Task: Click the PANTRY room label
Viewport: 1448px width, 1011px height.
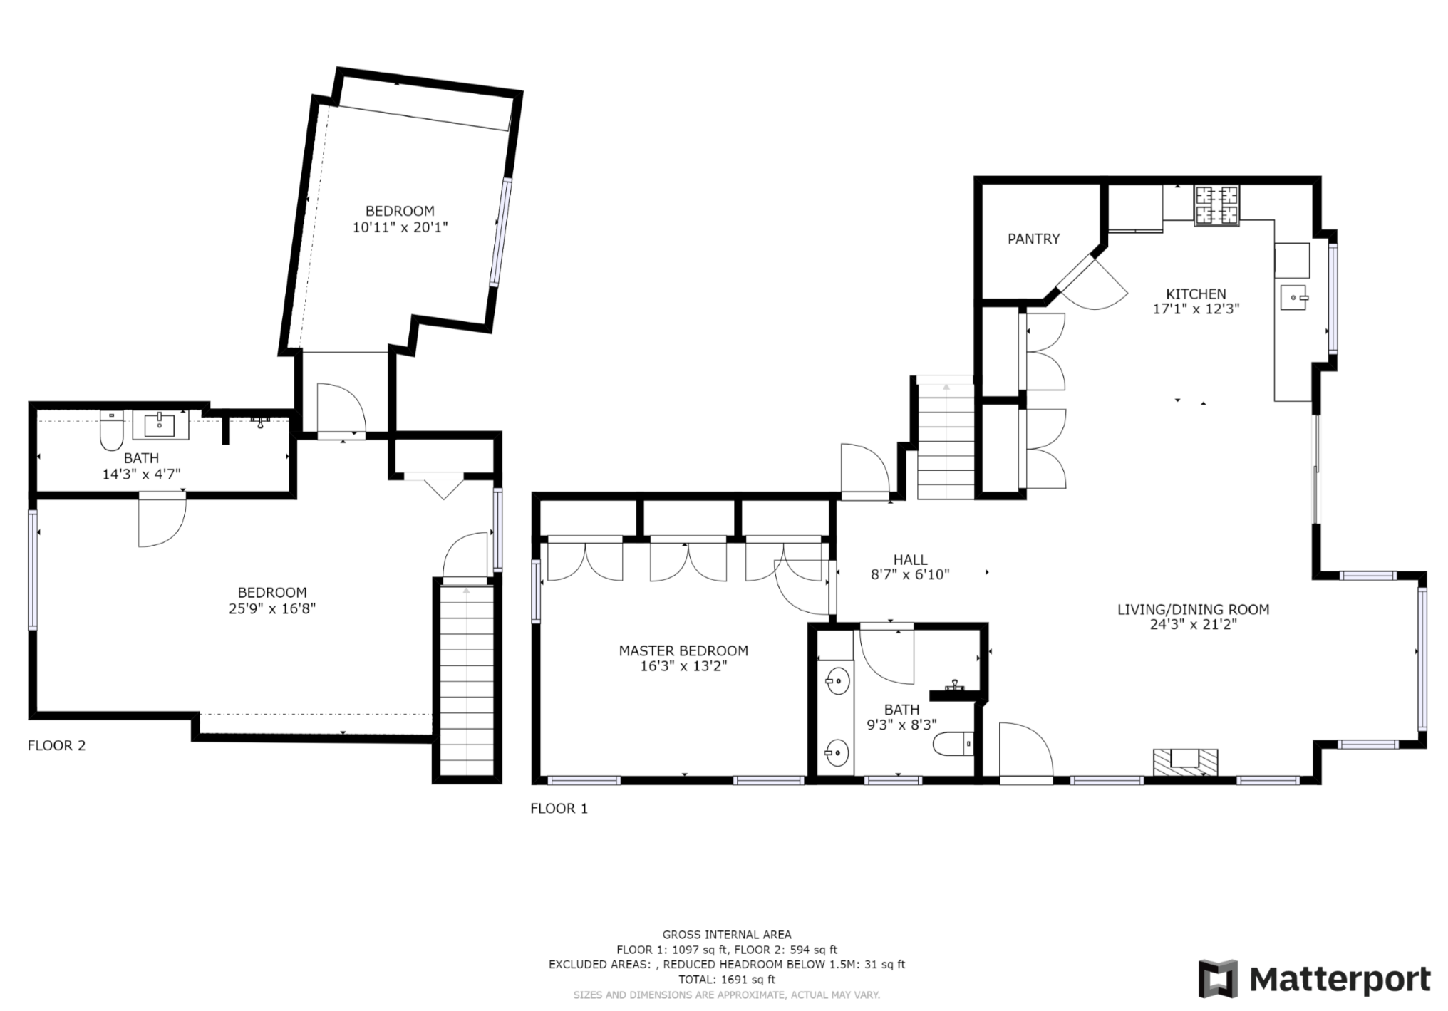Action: (x=1033, y=239)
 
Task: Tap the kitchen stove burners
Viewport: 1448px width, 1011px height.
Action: (x=1217, y=205)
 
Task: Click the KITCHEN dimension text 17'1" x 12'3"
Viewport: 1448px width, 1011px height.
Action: (x=1196, y=309)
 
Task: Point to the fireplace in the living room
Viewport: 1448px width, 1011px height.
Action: (x=1186, y=762)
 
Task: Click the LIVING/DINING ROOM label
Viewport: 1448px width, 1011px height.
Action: (x=1193, y=609)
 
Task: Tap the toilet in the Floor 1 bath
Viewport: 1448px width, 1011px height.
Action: (x=953, y=744)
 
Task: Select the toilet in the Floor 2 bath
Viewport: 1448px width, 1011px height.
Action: (x=110, y=430)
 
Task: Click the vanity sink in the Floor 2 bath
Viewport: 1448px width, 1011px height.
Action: (x=160, y=425)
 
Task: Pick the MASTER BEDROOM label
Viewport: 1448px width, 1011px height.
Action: (x=683, y=650)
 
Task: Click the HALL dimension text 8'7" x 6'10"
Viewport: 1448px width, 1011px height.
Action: (x=910, y=575)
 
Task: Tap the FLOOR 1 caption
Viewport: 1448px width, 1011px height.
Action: (x=559, y=808)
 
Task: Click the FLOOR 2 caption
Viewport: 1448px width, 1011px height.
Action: (x=56, y=745)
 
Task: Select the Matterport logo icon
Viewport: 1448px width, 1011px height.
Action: (x=1218, y=979)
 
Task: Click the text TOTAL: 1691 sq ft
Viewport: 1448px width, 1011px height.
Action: (x=727, y=980)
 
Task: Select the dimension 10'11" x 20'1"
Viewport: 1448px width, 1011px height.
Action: (x=400, y=227)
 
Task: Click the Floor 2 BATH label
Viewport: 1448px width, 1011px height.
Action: (x=141, y=458)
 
